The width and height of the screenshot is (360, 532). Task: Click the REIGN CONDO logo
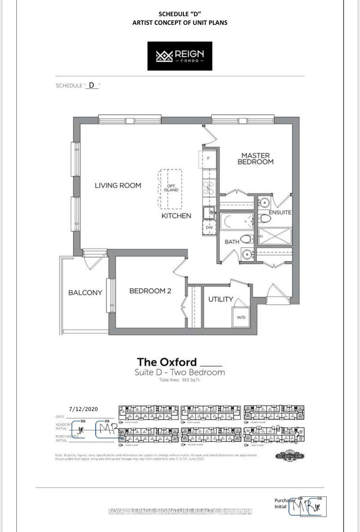pyautogui.click(x=180, y=56)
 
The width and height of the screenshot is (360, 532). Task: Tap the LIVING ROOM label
pyautogui.click(x=118, y=186)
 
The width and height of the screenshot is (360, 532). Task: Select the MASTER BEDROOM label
pyautogui.click(x=255, y=159)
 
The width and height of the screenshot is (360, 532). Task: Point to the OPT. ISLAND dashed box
pyautogui.click(x=170, y=189)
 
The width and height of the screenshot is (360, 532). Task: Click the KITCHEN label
pyautogui.click(x=176, y=216)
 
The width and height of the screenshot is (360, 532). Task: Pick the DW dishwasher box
pyautogui.click(x=209, y=228)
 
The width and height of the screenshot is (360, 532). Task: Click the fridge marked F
pyautogui.click(x=208, y=159)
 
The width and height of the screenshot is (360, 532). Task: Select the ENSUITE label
pyautogui.click(x=280, y=212)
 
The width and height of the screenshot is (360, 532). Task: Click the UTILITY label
pyautogui.click(x=221, y=299)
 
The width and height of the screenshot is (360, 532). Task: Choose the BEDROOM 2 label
pyautogui.click(x=150, y=291)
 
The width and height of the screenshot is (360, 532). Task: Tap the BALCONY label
pyautogui.click(x=85, y=293)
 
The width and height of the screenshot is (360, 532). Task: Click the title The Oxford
pyautogui.click(x=167, y=362)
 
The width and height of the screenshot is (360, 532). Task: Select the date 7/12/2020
pyautogui.click(x=83, y=409)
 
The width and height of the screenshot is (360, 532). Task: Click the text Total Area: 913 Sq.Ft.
pyautogui.click(x=180, y=380)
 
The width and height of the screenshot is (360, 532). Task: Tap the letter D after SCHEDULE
pyautogui.click(x=91, y=85)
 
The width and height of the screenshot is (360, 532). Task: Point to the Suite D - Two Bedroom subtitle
pyautogui.click(x=180, y=372)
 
